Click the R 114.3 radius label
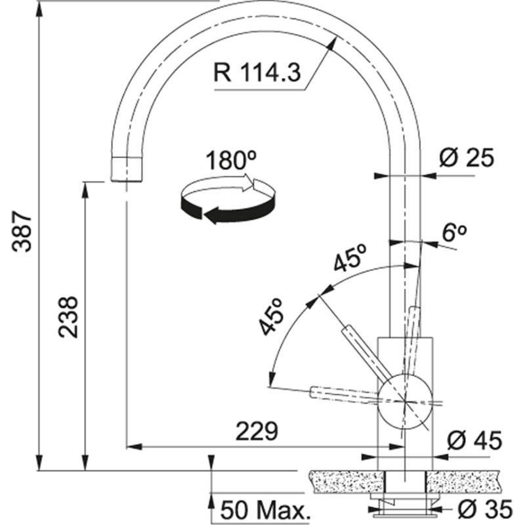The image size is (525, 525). tap(256, 72)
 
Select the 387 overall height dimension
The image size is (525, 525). tap(24, 231)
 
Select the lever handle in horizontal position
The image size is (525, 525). tap(341, 392)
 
